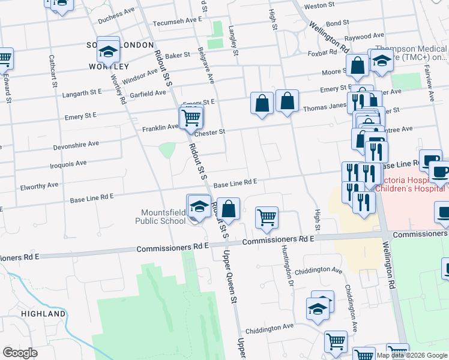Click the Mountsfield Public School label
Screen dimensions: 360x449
155,217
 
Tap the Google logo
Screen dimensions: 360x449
20,353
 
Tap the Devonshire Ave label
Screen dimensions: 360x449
76,145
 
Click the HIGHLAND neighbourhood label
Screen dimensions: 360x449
43,314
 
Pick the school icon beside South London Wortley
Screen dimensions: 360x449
109,52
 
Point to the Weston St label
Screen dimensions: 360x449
319,5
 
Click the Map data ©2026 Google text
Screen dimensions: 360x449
411,355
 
